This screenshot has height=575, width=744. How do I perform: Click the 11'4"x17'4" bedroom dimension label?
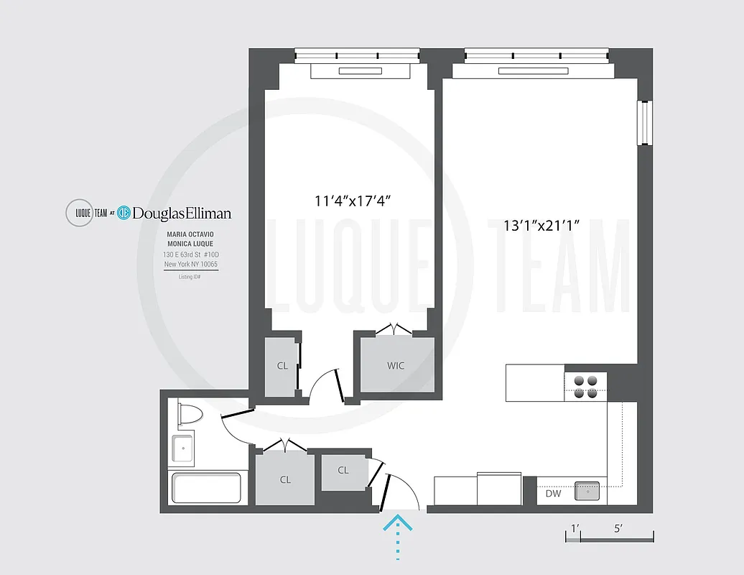pos(352,201)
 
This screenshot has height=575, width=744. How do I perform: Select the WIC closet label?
pos(396,365)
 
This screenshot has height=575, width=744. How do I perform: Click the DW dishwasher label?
pos(553,494)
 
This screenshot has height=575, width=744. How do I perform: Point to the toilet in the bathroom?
pos(190,415)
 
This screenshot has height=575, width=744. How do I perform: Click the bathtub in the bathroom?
pos(206,489)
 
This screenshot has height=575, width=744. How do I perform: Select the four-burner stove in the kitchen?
pos(586,386)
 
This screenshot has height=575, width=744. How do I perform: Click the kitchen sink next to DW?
pos(590,492)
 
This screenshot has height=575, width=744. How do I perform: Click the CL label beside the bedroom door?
pos(282,366)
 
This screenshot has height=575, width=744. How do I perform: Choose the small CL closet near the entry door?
pos(343,470)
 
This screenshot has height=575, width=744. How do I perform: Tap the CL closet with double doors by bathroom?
pos(285,479)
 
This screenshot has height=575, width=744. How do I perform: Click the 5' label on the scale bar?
pos(618,528)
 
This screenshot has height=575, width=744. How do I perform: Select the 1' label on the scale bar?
pos(574,528)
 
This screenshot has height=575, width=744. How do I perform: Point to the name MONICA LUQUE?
pos(190,244)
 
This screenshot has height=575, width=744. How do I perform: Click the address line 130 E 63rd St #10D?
pos(190,254)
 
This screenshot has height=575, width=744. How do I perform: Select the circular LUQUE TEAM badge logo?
pos(79,213)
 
